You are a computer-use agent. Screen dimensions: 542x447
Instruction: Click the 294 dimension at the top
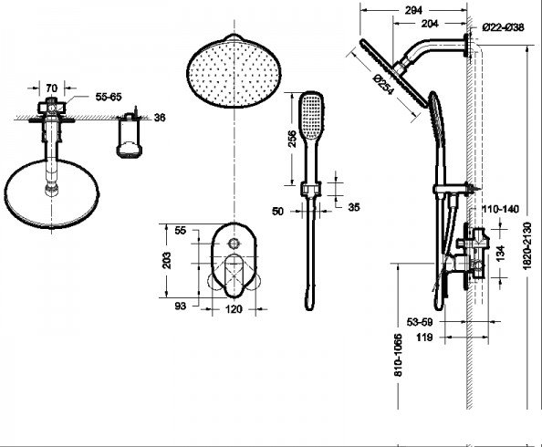tap(413, 10)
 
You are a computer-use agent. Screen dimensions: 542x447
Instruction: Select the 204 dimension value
tap(430, 24)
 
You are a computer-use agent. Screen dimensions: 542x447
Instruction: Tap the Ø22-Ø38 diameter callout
tap(504, 27)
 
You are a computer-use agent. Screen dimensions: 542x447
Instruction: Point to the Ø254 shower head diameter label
tap(383, 85)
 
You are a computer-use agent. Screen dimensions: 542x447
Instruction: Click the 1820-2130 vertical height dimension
tap(526, 245)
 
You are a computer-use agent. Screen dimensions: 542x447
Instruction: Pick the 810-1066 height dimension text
tap(398, 355)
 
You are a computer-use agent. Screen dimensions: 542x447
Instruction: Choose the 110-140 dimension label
tap(501, 209)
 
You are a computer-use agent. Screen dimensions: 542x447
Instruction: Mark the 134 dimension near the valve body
tap(500, 253)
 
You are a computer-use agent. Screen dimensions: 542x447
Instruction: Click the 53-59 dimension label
tap(420, 322)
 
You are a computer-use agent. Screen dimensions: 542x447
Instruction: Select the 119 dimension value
tap(424, 337)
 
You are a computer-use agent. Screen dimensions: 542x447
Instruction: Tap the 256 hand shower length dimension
tap(292, 139)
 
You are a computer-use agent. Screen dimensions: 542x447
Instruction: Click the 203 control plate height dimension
tap(167, 260)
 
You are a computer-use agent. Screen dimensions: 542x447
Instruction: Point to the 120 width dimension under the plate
tap(234, 309)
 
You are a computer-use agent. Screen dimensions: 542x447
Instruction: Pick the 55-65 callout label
tap(109, 97)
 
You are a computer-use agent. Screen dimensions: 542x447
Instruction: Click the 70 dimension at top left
tap(51, 88)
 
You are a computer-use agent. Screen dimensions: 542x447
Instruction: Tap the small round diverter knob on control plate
tap(234, 243)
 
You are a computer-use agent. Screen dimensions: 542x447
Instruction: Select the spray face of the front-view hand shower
tap(311, 117)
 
